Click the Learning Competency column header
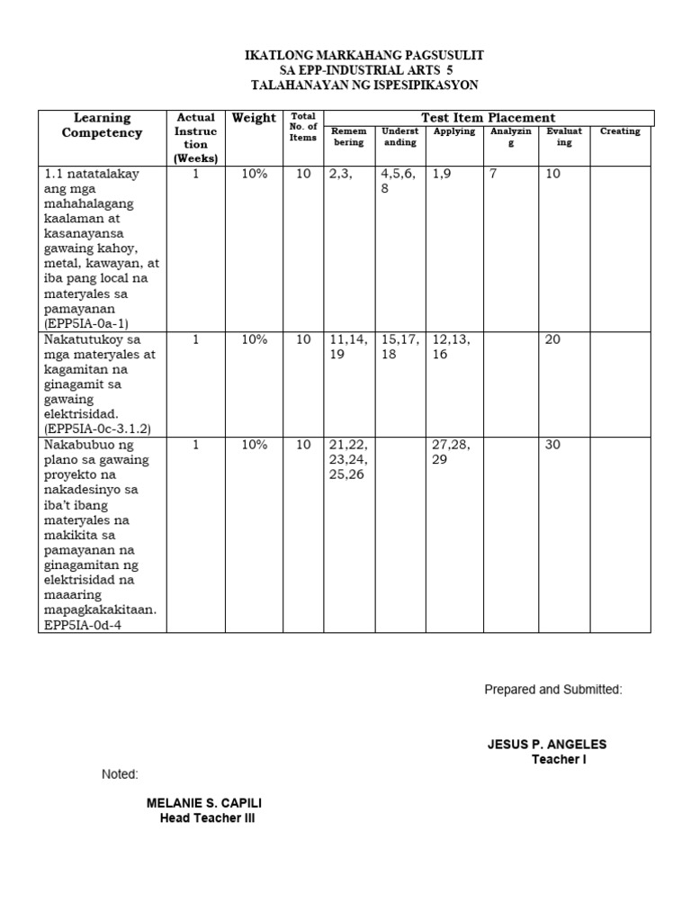point(102,125)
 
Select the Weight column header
point(254,118)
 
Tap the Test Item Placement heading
point(489,118)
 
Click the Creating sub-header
point(620,131)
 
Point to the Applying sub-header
point(454,131)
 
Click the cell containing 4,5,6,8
point(399,182)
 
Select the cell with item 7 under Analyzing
point(493,174)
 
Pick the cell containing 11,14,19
point(349,347)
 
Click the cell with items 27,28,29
point(452,452)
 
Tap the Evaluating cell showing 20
point(553,339)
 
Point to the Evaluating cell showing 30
point(553,445)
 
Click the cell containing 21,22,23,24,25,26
point(347,459)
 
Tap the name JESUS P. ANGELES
point(547,745)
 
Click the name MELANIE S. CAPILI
point(205,802)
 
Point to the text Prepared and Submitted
point(553,690)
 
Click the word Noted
point(120,774)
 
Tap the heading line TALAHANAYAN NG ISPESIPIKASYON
point(364,85)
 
